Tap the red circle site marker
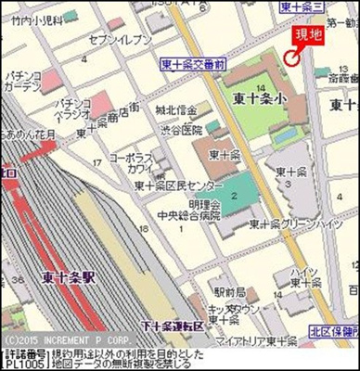290,60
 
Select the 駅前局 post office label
221,266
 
